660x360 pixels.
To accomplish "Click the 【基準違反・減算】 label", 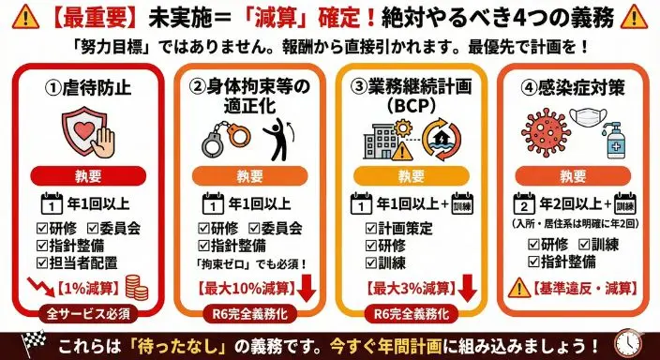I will (580, 285).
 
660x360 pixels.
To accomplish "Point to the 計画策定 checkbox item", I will (398, 228).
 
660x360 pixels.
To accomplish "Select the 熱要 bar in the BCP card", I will (409, 175).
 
